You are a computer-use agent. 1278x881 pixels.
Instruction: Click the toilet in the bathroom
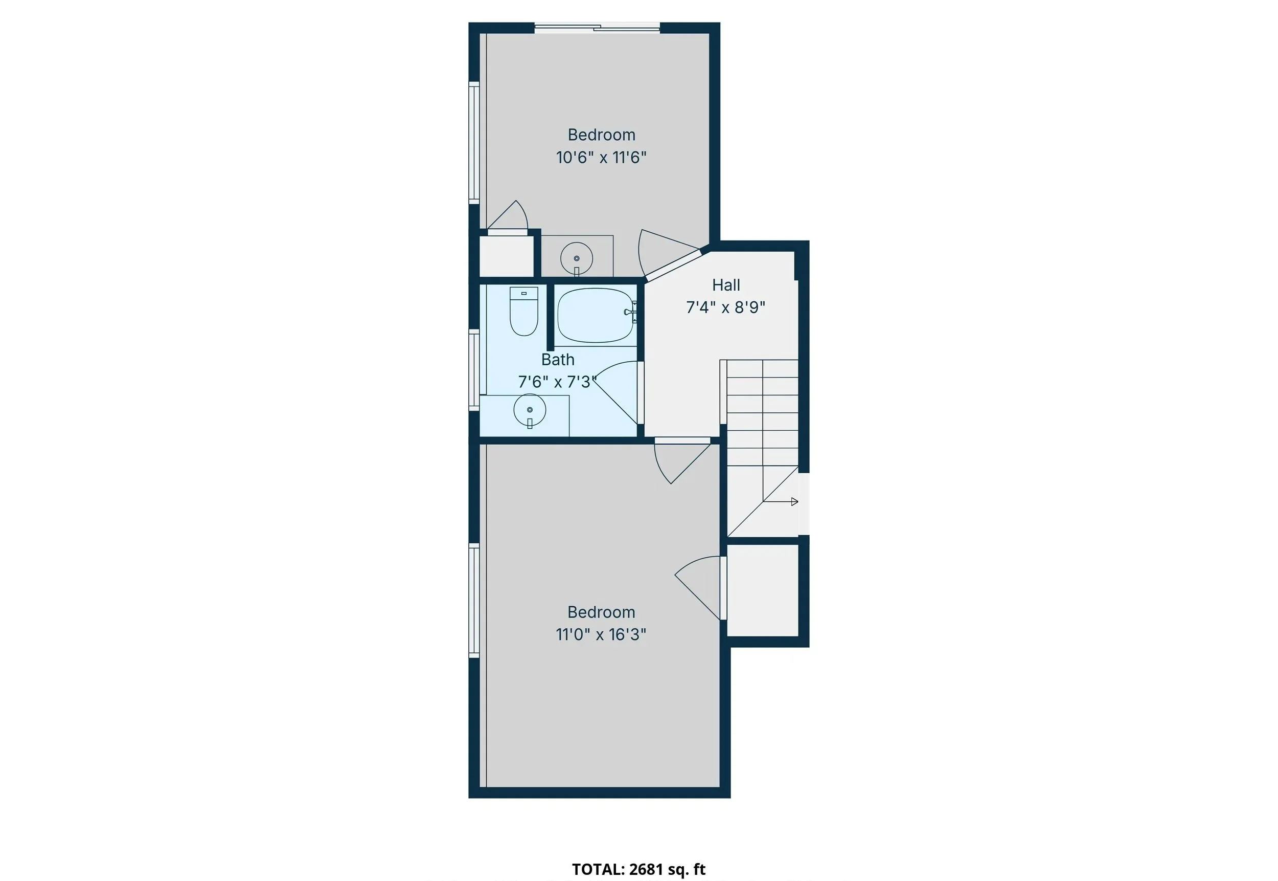523,313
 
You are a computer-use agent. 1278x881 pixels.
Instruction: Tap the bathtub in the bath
595,315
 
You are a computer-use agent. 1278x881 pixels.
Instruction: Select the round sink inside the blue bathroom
530,410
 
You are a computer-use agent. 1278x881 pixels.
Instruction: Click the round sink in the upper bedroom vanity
577,258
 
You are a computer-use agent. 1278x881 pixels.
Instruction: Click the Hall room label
725,285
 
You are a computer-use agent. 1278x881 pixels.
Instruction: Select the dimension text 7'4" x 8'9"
725,307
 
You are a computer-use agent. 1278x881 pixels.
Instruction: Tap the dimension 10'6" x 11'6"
601,158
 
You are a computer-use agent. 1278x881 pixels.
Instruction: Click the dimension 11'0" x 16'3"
601,635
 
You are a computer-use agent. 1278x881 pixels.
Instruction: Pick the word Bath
558,360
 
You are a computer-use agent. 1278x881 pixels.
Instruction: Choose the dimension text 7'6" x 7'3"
557,382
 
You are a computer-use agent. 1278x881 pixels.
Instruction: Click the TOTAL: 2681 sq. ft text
638,869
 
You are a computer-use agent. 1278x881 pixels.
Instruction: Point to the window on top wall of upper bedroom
598,27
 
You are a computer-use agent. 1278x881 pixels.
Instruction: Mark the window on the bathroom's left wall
474,369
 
